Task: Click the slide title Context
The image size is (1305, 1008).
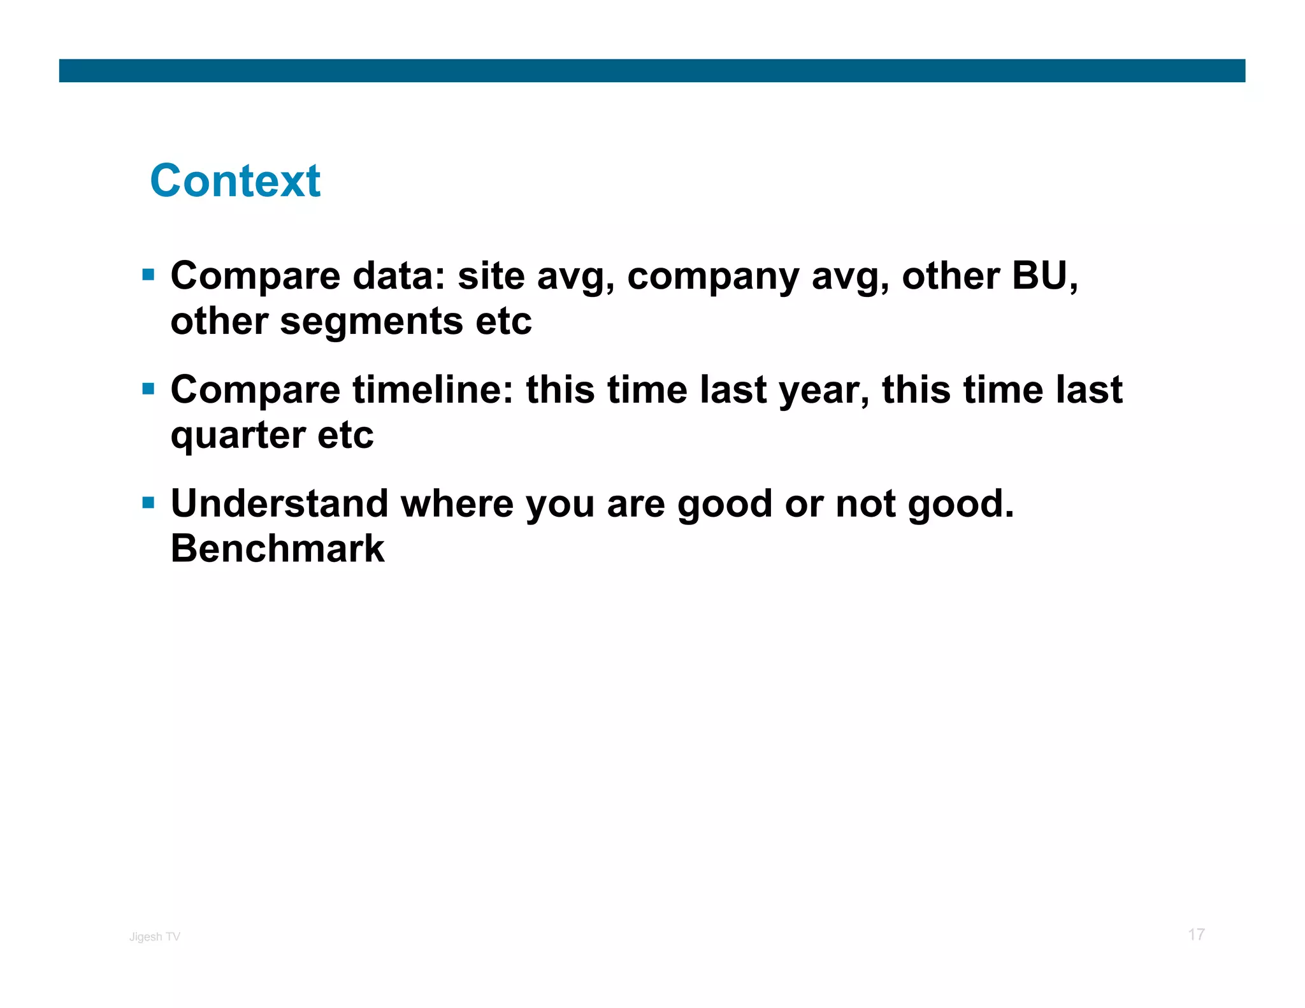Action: [235, 181]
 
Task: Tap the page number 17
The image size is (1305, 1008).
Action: [1195, 935]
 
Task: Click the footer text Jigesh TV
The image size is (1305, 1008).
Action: [155, 937]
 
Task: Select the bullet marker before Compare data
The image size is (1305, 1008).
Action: [148, 275]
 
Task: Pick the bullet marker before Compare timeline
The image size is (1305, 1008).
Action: [148, 389]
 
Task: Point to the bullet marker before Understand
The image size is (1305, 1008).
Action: [148, 503]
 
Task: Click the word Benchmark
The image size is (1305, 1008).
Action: [278, 549]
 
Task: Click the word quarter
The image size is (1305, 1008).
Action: [237, 436]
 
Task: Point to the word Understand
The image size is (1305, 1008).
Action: [279, 503]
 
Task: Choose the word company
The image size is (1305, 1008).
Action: [712, 278]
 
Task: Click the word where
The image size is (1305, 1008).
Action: [457, 503]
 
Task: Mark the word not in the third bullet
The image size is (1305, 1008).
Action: [865, 503]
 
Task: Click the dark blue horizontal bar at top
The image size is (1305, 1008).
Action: [652, 71]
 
